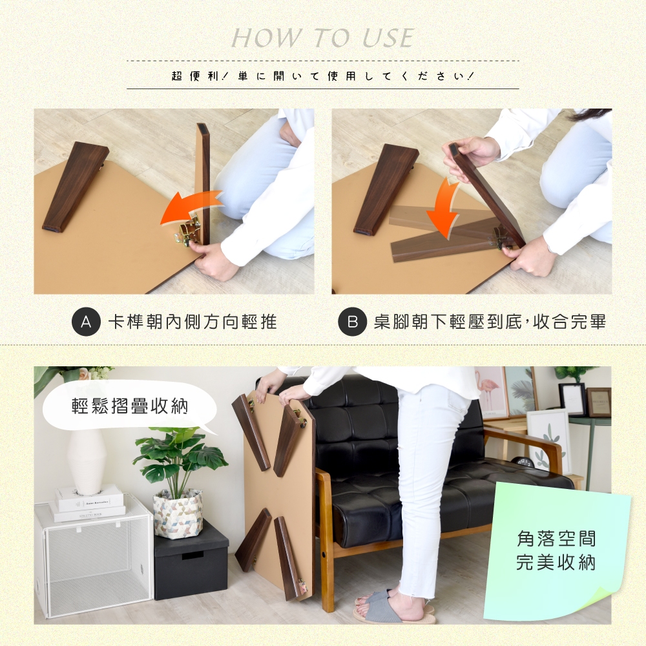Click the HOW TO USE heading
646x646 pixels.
[322, 38]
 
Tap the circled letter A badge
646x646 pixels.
[86, 321]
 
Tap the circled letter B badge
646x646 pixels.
[353, 321]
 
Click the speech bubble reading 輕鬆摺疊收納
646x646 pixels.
[130, 406]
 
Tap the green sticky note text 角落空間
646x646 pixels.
[556, 539]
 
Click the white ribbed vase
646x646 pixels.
[87, 461]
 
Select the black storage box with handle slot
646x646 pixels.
[191, 559]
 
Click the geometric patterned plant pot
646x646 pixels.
[178, 514]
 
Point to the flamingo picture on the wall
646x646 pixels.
[490, 392]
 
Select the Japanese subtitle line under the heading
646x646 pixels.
[323, 76]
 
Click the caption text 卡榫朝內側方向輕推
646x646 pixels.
[193, 322]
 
